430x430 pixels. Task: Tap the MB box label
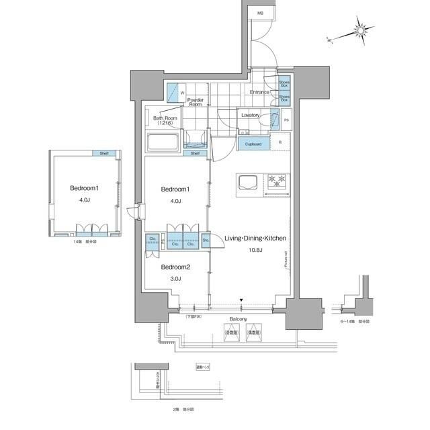pyautogui.click(x=259, y=13)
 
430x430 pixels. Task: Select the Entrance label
pyautogui.click(x=259, y=92)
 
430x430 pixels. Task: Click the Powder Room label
pyautogui.click(x=195, y=101)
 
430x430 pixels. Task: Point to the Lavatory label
pyautogui.click(x=250, y=115)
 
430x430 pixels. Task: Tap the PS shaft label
pyautogui.click(x=286, y=121)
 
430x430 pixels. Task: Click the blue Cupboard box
pyautogui.click(x=253, y=144)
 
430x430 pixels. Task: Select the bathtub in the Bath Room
pyautogui.click(x=161, y=143)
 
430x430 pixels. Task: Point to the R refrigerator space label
pyautogui.click(x=280, y=142)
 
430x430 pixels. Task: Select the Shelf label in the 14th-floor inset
pyautogui.click(x=103, y=153)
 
